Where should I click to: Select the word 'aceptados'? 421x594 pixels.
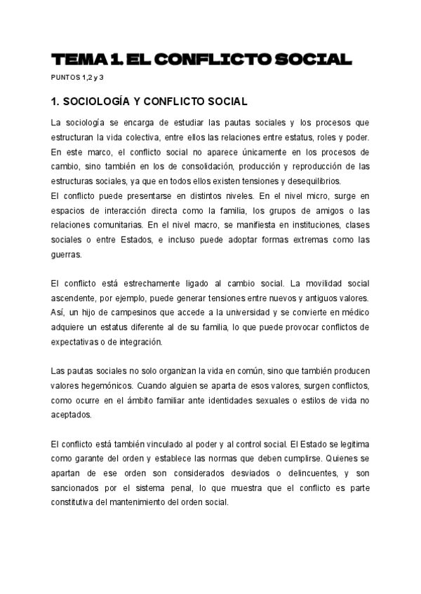[x=72, y=415]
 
